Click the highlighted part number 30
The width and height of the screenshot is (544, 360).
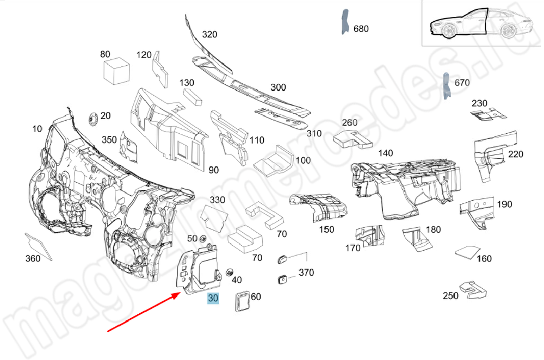point(213,298)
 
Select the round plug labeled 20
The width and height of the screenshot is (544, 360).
point(92,118)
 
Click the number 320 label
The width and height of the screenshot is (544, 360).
point(209,34)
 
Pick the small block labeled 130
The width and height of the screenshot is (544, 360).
point(193,96)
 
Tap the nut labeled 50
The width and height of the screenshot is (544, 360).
point(202,238)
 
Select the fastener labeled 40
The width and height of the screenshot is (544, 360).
point(229,271)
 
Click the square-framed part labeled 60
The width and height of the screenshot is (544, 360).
point(241,301)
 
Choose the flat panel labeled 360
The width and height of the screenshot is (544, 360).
point(37,245)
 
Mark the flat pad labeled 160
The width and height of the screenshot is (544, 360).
point(466,252)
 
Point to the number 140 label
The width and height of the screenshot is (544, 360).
point(385,153)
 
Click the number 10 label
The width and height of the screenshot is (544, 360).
point(37,129)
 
